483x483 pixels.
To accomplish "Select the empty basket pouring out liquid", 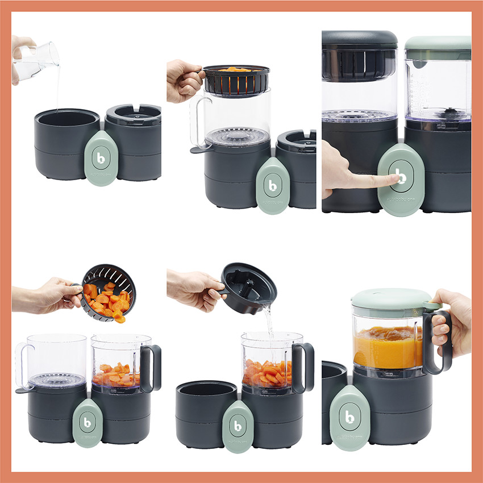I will tap(248, 289).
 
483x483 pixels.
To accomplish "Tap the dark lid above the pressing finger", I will tap(360, 40).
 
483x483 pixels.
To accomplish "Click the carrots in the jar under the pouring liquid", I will tap(267, 372).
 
